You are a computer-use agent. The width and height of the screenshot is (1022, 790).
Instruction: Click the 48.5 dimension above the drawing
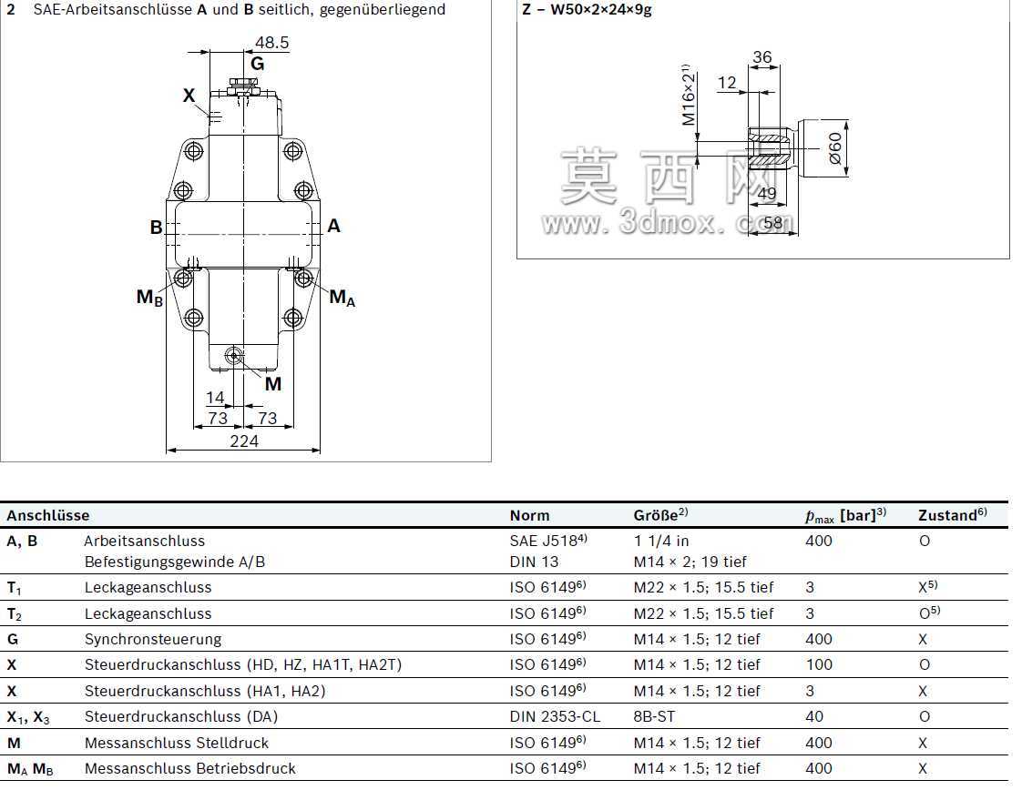pos(271,43)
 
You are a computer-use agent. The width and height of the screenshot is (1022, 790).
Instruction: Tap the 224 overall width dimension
pos(244,441)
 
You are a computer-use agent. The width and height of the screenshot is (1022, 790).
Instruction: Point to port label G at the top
pos(258,64)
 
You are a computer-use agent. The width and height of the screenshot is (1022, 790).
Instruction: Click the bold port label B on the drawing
pos(156,227)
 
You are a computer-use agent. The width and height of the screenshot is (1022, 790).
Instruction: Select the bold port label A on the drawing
pos(333,226)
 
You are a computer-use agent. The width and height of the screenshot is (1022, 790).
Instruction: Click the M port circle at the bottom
pos(233,356)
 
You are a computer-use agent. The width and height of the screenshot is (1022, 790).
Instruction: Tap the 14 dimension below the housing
pos(215,398)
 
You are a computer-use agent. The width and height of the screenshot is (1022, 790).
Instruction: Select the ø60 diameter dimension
pos(835,148)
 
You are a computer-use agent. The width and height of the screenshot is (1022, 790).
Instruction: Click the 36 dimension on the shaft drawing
pos(761,57)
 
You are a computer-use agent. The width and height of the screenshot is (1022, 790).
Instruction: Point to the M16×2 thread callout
pos(689,95)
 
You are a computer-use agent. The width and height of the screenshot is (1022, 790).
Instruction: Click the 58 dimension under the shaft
pos(773,223)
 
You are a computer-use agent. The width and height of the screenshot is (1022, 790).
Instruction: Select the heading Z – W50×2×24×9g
pos(587,9)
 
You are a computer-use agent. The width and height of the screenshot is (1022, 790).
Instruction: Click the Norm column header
pos(529,515)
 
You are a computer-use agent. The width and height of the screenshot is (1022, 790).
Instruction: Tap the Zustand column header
pos(952,514)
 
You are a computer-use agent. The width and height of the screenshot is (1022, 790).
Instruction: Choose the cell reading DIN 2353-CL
pos(555,716)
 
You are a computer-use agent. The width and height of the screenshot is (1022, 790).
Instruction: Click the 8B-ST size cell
pos(654,716)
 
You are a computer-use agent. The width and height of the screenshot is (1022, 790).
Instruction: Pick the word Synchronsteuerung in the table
pos(153,640)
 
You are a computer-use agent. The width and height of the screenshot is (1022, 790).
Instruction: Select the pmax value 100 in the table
pos(819,665)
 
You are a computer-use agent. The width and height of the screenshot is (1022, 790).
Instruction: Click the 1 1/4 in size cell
pos(661,541)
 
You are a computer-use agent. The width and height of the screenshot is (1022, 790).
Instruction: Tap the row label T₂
pos(15,614)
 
